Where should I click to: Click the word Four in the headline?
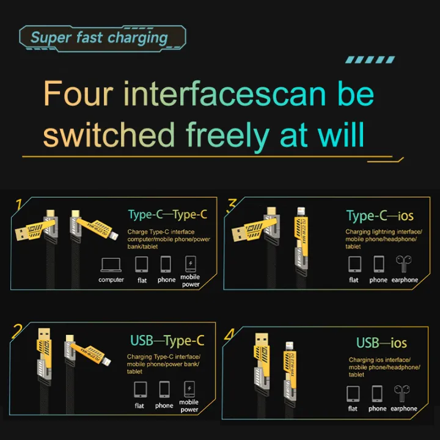click(78, 94)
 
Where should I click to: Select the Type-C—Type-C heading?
click(167, 215)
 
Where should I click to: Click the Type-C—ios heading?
click(380, 216)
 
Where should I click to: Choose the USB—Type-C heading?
click(167, 340)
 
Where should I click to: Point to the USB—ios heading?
click(381, 342)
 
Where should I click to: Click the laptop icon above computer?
click(111, 264)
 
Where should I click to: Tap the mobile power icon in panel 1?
click(191, 263)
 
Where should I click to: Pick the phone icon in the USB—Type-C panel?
click(164, 389)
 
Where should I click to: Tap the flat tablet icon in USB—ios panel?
click(353, 393)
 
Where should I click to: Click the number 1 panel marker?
click(20, 204)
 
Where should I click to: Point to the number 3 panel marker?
click(232, 204)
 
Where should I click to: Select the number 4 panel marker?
click(229, 334)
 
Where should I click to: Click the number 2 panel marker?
click(18, 331)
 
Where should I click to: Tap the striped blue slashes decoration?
click(370, 60)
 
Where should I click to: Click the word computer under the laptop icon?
click(111, 280)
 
